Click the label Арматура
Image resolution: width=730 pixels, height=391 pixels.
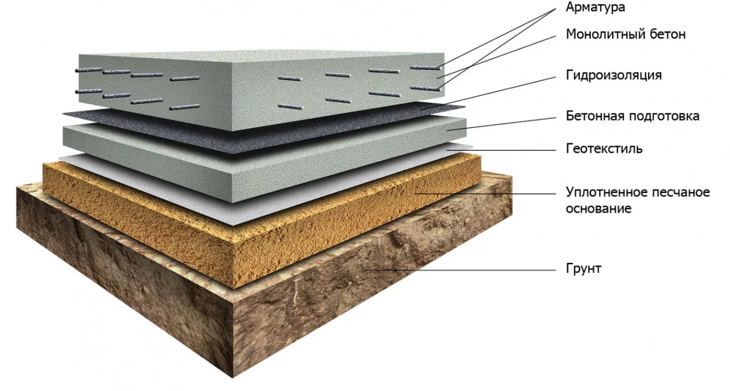coord(595,7)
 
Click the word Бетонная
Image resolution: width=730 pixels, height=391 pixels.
coord(594,116)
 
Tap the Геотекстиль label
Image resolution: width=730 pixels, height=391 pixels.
coord(604,149)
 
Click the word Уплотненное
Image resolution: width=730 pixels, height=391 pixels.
coord(605,192)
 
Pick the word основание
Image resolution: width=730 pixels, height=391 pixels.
coord(598,208)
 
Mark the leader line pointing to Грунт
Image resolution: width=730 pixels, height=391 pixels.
coord(461,270)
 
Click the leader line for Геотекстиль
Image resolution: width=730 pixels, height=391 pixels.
coord(501,150)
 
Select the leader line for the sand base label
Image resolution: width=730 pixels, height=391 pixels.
coord(485,194)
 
